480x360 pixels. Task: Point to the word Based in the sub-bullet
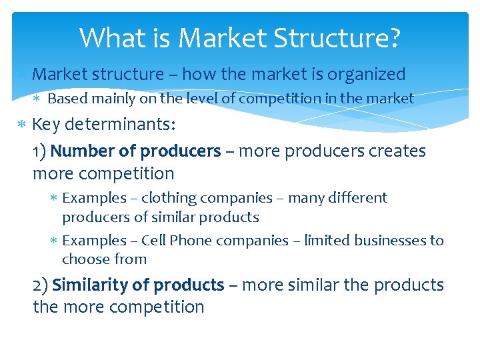pos(66,99)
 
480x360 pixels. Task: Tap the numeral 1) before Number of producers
pos(39,151)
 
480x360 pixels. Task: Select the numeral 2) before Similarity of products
pos(40,285)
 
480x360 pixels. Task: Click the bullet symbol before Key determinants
pos(22,125)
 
